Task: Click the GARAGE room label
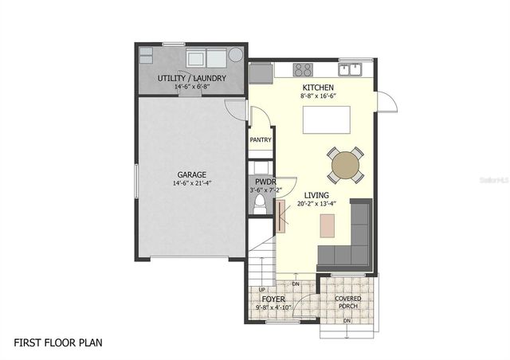coord(191,174)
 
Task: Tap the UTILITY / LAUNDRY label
coord(191,78)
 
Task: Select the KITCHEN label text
coord(317,87)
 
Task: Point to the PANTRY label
coord(261,140)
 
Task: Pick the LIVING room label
coord(316,194)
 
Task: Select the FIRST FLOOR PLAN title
coord(58,342)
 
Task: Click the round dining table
coord(345,165)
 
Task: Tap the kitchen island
coord(328,119)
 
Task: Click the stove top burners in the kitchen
coord(302,69)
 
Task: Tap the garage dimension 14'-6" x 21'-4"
coord(191,183)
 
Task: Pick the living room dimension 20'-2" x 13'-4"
coord(316,204)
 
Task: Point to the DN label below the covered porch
coord(347,321)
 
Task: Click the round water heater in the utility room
coord(236,55)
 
